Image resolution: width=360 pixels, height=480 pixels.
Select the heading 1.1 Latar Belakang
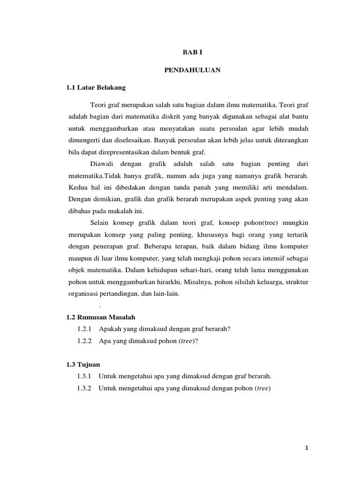[96, 87]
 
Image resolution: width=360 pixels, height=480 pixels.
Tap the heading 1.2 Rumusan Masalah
[101, 317]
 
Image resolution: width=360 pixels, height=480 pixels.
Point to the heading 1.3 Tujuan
[83, 364]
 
